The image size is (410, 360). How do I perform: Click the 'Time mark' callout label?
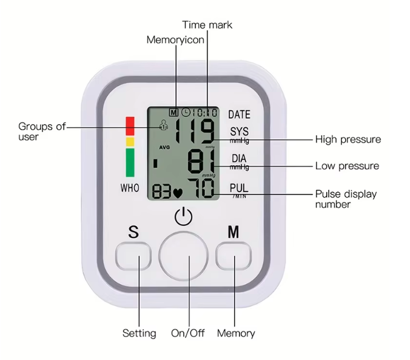[x=207, y=25]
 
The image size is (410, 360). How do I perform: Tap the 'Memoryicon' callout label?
[x=175, y=40]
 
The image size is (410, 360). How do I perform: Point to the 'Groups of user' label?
[x=41, y=132]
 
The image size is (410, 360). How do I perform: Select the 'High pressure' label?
[x=348, y=139]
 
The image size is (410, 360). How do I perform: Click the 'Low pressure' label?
[x=346, y=166]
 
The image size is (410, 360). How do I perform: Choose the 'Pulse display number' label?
[x=345, y=199]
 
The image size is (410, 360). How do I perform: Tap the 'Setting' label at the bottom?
[x=139, y=333]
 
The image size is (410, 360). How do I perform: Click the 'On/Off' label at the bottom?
[x=188, y=333]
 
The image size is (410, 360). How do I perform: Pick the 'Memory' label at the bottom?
[x=236, y=333]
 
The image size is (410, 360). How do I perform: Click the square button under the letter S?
[x=134, y=256]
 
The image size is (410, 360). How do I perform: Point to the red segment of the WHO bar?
[x=130, y=125]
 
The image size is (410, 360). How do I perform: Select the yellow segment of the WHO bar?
[x=130, y=142]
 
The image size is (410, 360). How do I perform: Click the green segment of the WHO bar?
[x=130, y=163]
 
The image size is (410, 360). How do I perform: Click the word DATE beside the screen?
[x=239, y=114]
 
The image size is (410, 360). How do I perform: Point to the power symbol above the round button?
[x=183, y=216]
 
